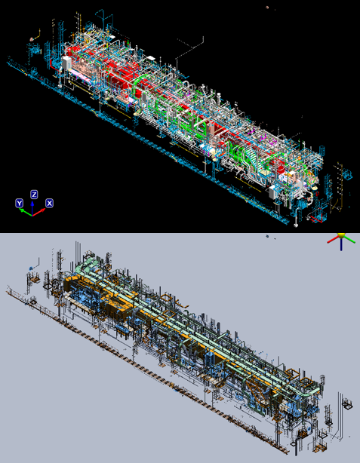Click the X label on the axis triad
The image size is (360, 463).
49,203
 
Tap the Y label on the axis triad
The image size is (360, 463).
19,203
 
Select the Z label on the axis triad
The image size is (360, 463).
34,195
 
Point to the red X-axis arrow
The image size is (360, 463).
38,213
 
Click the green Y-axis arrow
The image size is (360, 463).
26,212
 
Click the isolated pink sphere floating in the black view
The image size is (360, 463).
267,8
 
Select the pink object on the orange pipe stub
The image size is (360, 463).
32,39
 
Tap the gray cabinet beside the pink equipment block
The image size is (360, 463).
66,63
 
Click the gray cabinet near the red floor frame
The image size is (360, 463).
272,192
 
